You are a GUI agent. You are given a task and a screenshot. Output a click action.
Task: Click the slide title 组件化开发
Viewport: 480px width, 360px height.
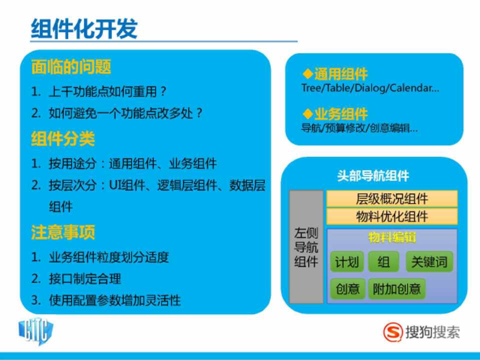point(84,29)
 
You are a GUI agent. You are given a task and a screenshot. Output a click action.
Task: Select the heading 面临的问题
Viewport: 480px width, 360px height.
point(71,66)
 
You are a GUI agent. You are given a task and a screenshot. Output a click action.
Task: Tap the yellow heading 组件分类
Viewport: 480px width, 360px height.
point(63,138)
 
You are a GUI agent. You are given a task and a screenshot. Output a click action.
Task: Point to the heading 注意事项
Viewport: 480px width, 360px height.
point(63,232)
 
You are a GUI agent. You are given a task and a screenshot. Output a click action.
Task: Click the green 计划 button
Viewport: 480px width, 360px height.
point(347,261)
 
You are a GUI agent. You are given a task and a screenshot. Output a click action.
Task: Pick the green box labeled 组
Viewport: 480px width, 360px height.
point(383,261)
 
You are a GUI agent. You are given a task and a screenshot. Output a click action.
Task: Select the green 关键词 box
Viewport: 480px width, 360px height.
point(429,261)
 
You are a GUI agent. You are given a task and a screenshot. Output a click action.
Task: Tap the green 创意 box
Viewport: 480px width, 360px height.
point(347,288)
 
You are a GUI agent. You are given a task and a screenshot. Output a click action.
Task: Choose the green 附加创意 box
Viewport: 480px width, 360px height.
point(396,288)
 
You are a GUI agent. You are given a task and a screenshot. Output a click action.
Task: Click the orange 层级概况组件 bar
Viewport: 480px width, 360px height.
point(392,198)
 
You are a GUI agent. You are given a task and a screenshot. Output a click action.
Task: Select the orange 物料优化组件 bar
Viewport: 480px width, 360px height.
point(392,216)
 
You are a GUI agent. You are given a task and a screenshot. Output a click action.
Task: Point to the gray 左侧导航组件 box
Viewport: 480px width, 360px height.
point(306,246)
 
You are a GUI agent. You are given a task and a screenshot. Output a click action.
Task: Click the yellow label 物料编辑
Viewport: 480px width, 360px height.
point(392,237)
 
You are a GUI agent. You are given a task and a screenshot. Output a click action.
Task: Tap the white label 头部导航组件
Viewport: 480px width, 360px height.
point(373,175)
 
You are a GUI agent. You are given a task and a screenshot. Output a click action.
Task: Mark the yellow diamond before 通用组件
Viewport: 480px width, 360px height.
point(307,73)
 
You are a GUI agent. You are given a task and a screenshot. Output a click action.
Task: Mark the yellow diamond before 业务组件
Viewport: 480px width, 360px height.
point(307,113)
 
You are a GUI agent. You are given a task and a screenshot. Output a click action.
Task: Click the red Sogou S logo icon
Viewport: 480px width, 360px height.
point(393,332)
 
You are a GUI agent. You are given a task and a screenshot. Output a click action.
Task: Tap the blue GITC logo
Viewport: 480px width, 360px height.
point(36,331)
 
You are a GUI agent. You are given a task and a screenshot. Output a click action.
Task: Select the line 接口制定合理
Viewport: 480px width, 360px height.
point(85,278)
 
